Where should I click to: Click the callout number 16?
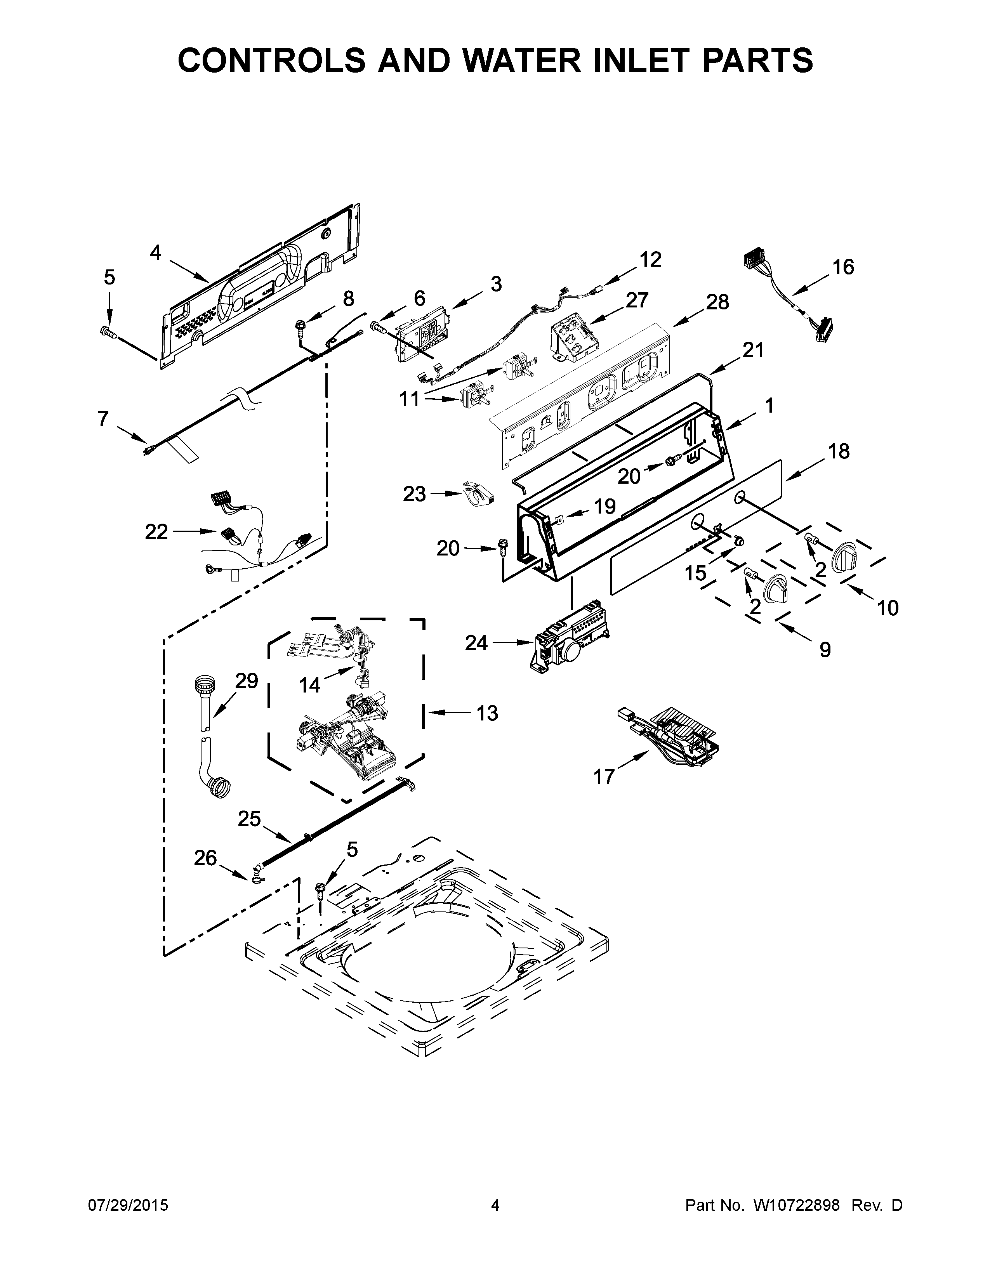843,267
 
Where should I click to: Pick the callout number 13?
487,713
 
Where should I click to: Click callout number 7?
103,419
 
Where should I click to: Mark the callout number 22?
156,531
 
